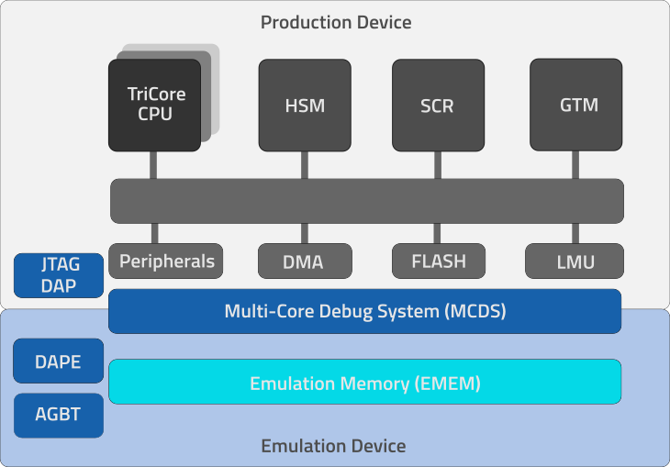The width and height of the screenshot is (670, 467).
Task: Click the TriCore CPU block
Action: [154, 105]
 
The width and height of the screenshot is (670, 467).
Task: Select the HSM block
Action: [305, 105]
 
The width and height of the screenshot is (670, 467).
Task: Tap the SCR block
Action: [437, 105]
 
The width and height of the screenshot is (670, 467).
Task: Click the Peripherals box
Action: [167, 261]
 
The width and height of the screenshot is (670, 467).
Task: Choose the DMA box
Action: [303, 261]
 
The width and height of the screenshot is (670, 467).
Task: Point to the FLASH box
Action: [438, 261]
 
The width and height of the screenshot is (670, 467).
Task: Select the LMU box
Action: [575, 261]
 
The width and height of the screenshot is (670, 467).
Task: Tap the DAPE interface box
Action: [59, 361]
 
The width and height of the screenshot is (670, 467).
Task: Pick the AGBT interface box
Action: [59, 415]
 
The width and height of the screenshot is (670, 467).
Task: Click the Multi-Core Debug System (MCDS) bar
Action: [365, 311]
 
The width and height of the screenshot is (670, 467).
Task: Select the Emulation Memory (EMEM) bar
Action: [365, 382]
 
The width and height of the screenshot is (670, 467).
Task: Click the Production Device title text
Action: [336, 22]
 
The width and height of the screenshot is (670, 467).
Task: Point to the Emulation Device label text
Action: [333, 447]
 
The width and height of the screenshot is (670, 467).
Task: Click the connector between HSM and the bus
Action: [305, 165]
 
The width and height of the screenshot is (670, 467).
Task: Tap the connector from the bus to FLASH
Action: [438, 234]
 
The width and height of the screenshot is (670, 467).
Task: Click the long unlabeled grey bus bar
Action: [367, 201]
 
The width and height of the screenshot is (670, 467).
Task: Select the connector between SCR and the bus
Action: [437, 165]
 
